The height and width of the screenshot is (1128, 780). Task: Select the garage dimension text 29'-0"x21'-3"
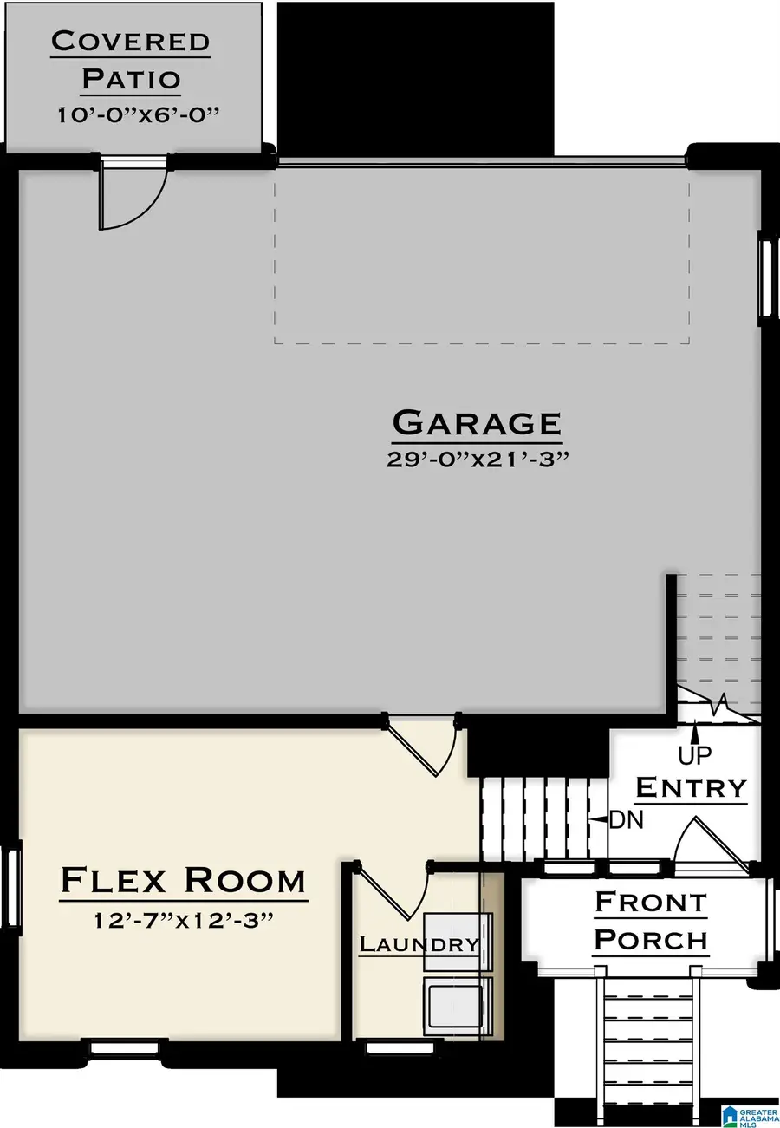[x=477, y=459]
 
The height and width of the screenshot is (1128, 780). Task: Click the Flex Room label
[x=183, y=880]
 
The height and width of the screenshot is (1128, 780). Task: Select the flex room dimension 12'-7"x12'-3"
[x=183, y=916]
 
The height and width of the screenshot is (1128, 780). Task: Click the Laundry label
[x=419, y=944]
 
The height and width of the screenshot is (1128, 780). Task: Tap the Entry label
[x=691, y=787]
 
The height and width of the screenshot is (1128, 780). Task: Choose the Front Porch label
[x=652, y=921]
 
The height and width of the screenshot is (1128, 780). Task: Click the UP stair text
[x=695, y=756]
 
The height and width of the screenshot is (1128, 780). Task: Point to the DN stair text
[x=627, y=819]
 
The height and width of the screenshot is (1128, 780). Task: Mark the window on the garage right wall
[x=765, y=277]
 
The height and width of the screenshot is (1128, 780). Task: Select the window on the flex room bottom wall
[x=125, y=1047]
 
